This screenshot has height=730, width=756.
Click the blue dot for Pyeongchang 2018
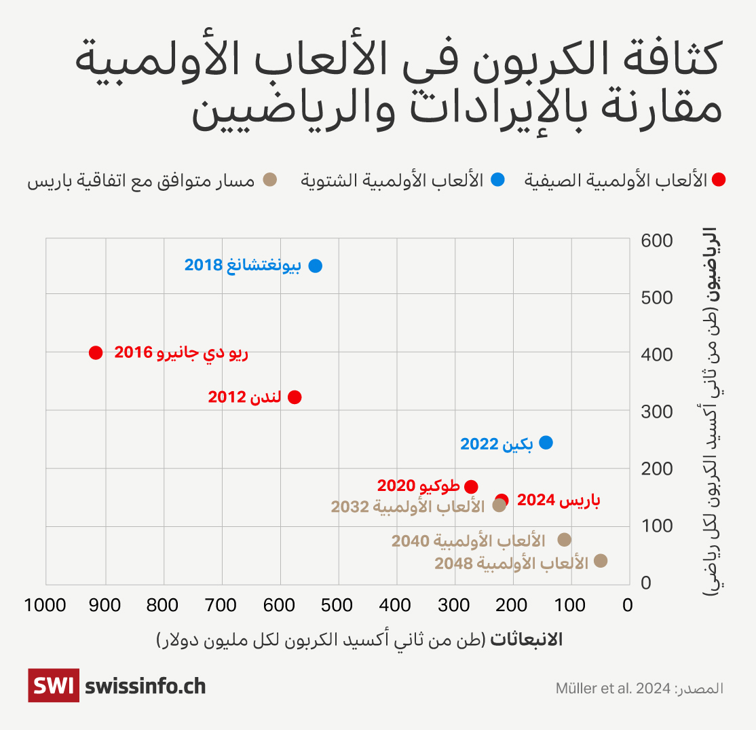315,266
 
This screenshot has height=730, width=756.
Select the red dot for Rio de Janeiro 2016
96,352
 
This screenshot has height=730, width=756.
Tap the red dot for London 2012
295,397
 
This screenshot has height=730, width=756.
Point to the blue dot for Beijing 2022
546,443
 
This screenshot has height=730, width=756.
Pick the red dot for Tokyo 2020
471,487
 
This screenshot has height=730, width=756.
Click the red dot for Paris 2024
502,500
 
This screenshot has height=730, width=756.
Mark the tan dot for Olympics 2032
499,505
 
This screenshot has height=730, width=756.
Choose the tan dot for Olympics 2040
564,540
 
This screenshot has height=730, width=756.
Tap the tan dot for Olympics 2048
601,561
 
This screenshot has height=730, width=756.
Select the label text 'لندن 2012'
244,397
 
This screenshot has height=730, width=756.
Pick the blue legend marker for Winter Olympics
499,180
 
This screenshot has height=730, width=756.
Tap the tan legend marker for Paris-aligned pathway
269,180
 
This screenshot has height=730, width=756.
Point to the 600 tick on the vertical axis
656,240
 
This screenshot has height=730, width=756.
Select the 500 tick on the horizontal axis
337,604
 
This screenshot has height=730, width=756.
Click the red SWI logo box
54,685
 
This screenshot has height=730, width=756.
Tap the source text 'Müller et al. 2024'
613,688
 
